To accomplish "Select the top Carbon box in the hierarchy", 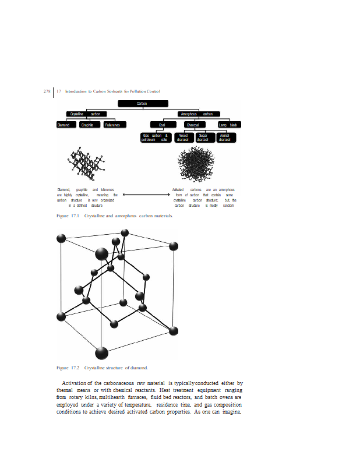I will (x=142, y=103).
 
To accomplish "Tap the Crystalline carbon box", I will (x=86, y=114).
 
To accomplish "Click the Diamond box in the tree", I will (x=64, y=125).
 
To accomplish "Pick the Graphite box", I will (x=88, y=125).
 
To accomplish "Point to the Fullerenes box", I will (x=112, y=125).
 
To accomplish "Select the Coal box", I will (x=163, y=125).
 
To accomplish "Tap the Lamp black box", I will (x=228, y=125).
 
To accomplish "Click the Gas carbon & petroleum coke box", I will (x=156, y=137).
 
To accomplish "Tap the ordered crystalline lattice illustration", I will (x=86, y=164).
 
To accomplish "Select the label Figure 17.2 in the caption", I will (x=68, y=368).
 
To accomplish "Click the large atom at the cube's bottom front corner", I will (x=101, y=353).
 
